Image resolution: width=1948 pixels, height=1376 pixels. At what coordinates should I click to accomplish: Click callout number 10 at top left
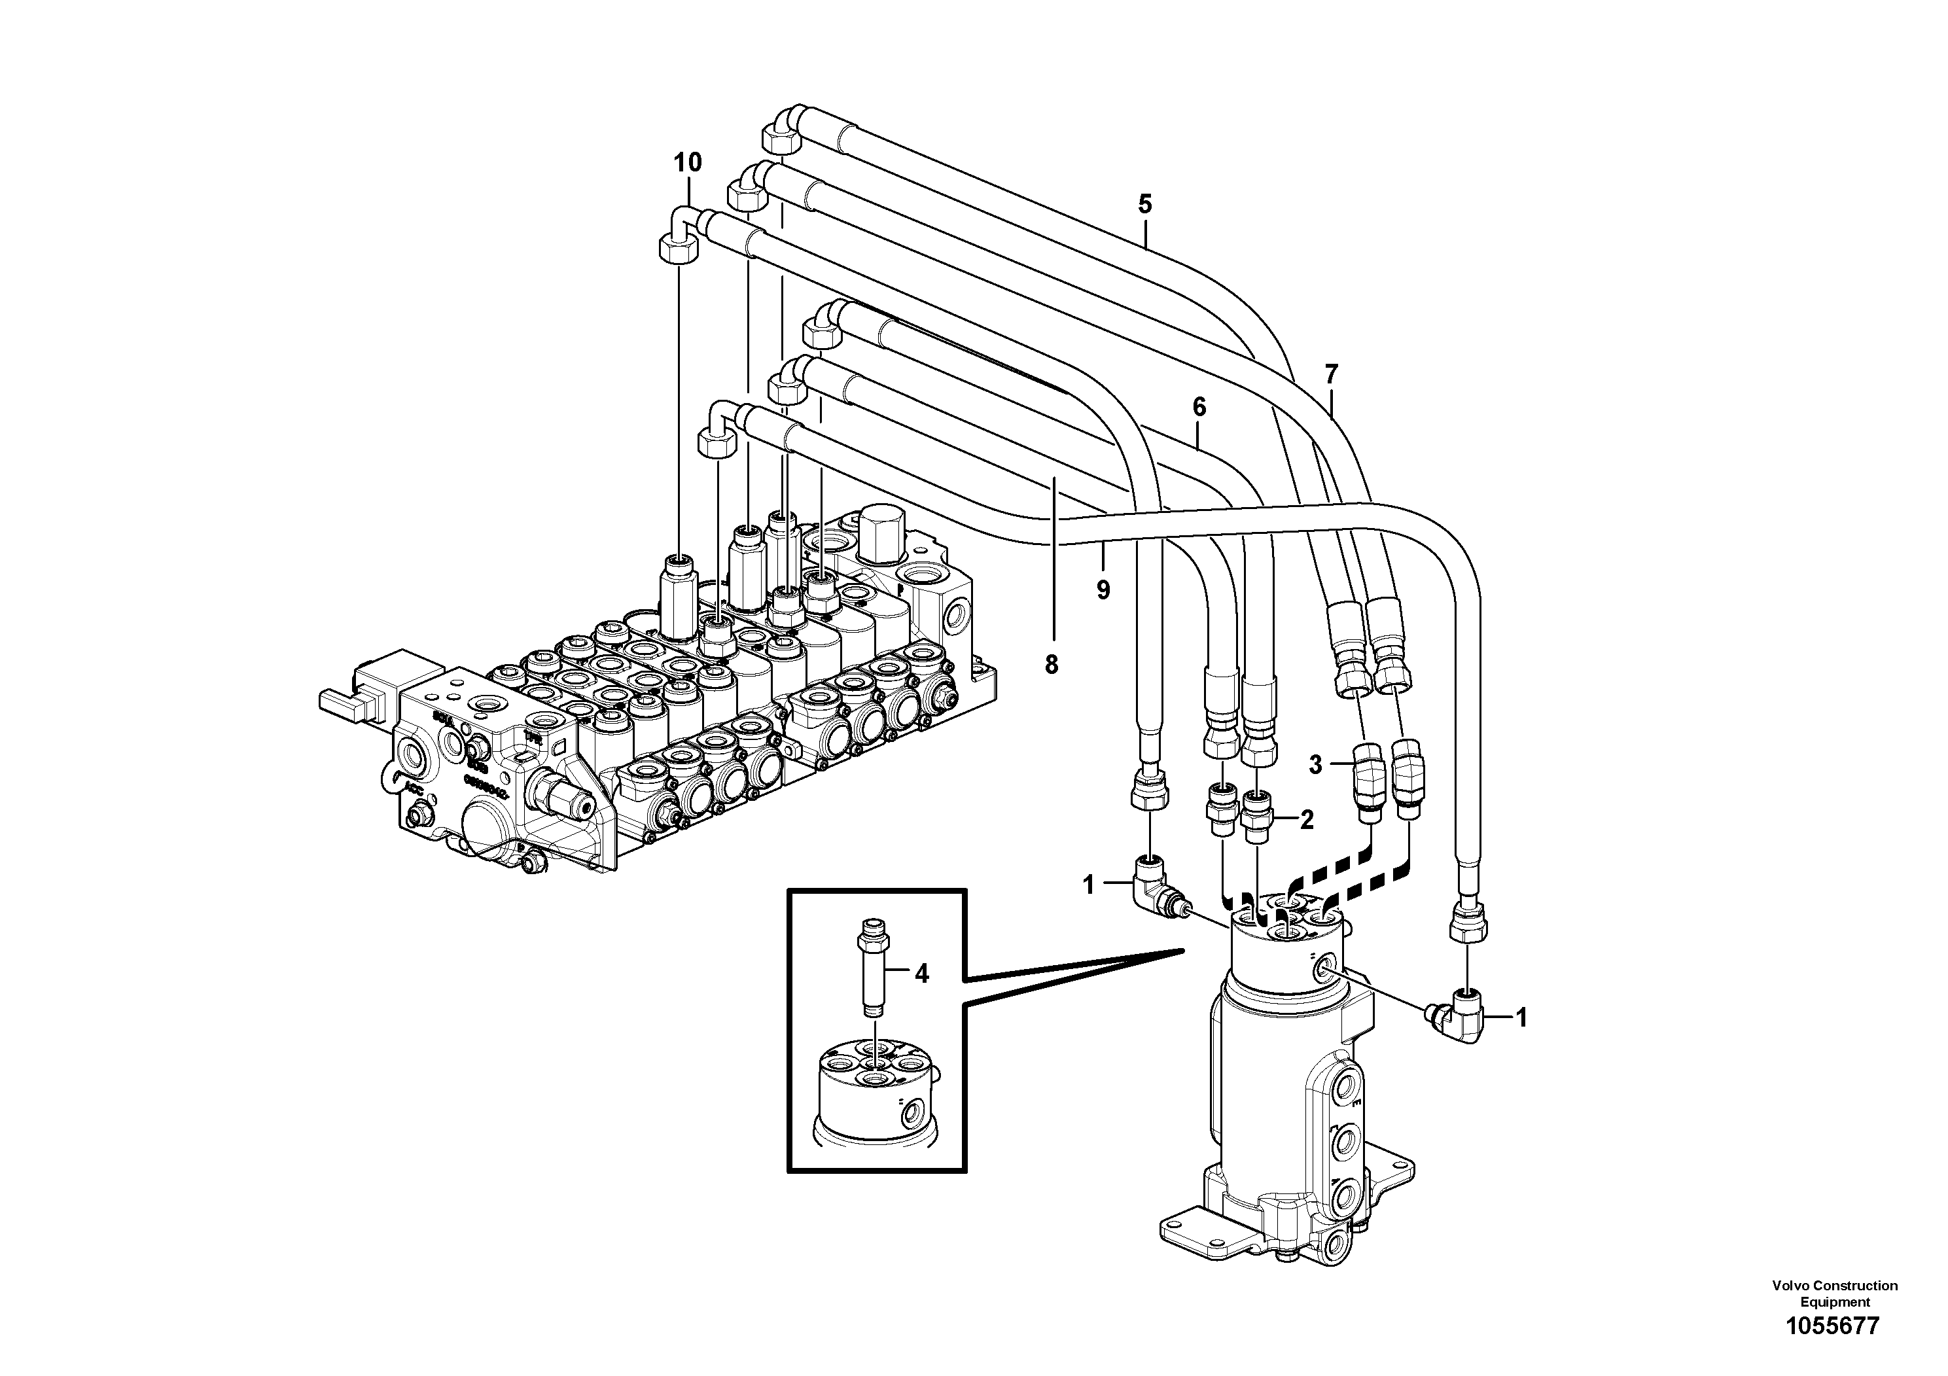click(688, 162)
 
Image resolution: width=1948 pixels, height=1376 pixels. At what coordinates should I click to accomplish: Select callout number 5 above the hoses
click(1144, 203)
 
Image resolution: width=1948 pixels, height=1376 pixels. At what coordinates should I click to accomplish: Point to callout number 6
click(1199, 407)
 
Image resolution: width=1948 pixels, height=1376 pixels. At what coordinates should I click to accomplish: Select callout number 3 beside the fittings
click(1315, 765)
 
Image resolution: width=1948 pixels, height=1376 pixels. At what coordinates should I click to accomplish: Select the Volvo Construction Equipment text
click(1834, 1294)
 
